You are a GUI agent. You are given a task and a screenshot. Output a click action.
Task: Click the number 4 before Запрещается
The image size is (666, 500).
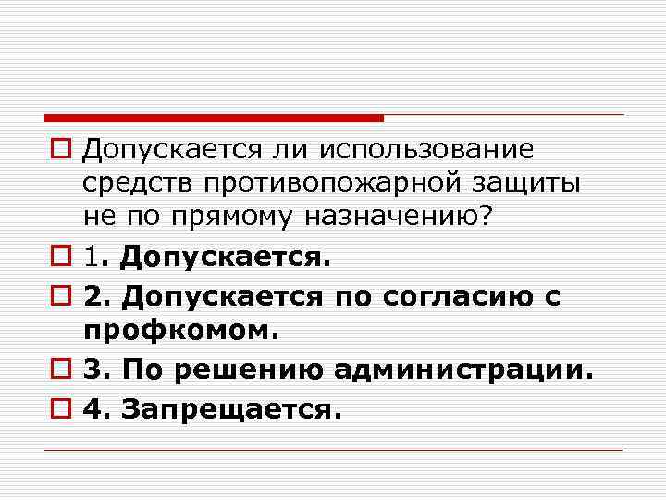click(x=92, y=408)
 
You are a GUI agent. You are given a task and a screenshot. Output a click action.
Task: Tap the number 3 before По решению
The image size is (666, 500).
click(x=92, y=371)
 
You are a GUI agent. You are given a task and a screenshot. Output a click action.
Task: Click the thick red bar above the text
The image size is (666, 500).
click(x=214, y=118)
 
